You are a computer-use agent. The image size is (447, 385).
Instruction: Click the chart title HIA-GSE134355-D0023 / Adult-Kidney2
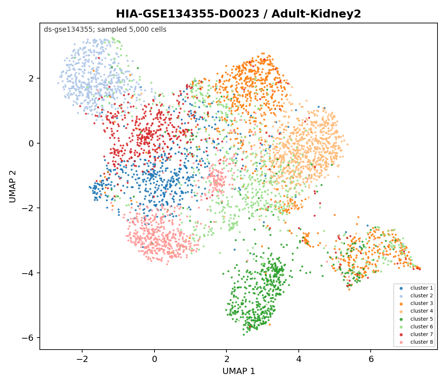[x=238, y=14]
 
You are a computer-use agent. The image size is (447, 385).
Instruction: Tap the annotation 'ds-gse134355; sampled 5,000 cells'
[x=105, y=30]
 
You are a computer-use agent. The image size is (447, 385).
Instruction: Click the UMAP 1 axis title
[x=238, y=371]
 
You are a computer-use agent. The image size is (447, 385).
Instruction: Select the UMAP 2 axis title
[x=12, y=186]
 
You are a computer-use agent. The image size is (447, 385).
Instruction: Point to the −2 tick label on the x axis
[x=82, y=359]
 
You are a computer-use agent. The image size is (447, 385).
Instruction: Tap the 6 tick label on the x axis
[x=371, y=359]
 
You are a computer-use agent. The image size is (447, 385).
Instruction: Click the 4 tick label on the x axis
[x=299, y=359]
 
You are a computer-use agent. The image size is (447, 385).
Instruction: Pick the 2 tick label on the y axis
[x=31, y=78]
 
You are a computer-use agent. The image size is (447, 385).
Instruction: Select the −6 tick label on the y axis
[x=28, y=338]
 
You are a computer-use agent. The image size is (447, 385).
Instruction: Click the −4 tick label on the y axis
[x=28, y=273]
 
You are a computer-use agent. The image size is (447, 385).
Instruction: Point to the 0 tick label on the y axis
[x=31, y=143]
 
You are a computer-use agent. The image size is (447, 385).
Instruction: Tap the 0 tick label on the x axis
[x=154, y=359]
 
